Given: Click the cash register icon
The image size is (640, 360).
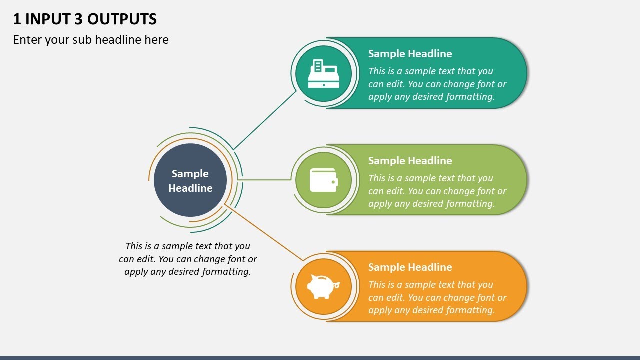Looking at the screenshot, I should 323,74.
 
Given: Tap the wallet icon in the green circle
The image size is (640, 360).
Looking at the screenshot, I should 323,180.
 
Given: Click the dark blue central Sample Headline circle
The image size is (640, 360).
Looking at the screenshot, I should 190,180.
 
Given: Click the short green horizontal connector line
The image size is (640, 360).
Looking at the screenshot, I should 265,179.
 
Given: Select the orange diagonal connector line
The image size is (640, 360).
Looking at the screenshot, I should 265,233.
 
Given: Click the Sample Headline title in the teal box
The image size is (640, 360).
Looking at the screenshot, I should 410,54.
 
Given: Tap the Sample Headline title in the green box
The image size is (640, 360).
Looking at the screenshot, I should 410,161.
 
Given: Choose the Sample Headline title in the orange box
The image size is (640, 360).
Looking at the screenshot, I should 410,267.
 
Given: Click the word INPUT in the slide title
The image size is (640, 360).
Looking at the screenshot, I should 48,19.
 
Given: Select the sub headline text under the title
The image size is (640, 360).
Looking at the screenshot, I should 91,40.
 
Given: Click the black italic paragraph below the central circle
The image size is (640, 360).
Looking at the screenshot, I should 188,259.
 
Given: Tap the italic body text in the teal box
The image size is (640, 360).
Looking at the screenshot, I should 437,84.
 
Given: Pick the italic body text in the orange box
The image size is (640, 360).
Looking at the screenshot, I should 437,297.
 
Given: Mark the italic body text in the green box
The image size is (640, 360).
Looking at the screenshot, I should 437,191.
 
